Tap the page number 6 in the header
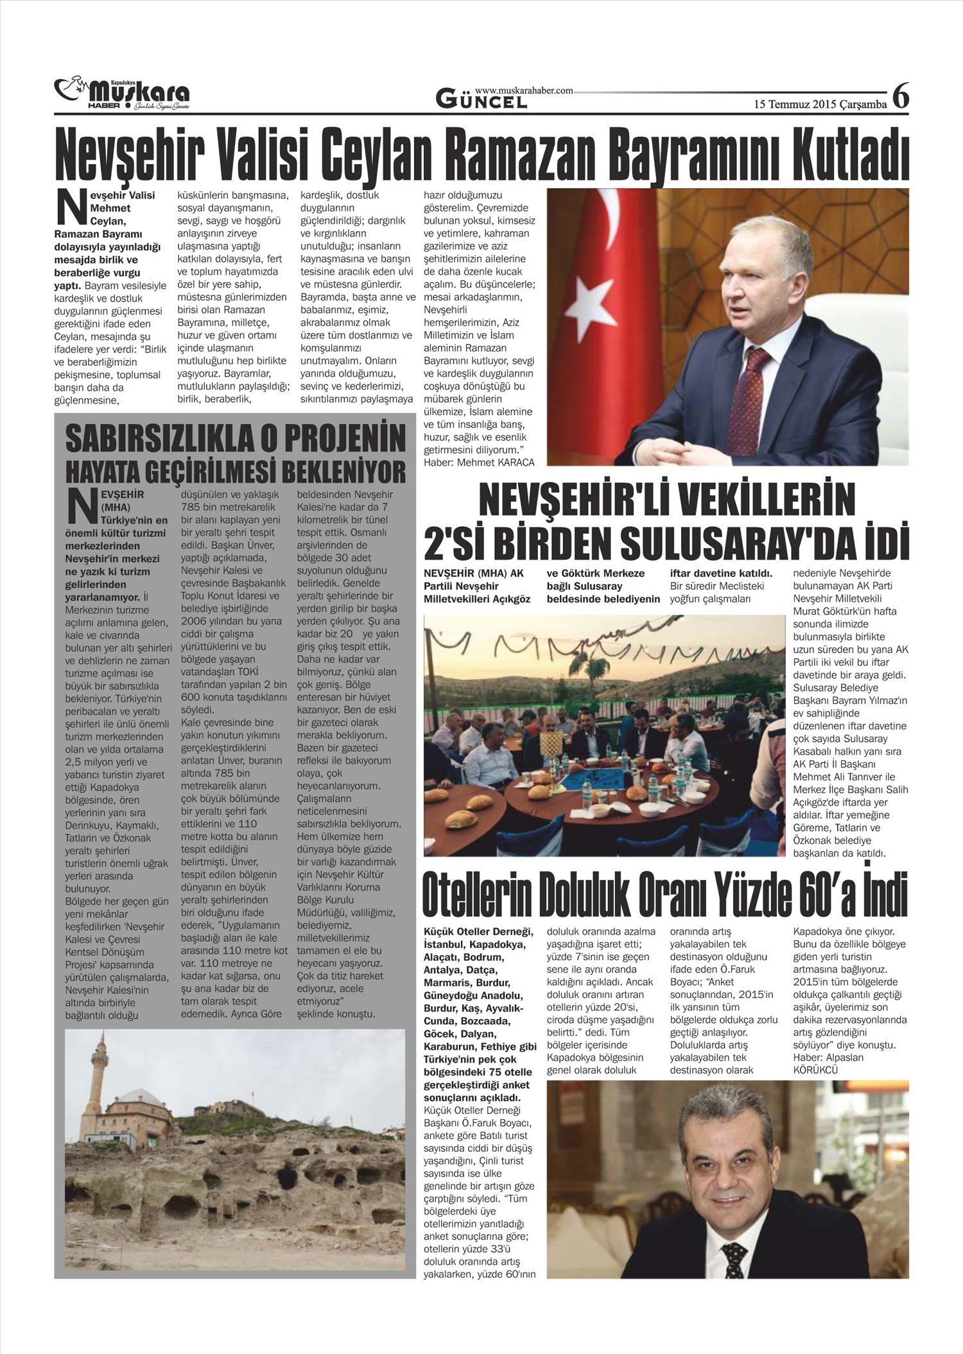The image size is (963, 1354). tap(901, 96)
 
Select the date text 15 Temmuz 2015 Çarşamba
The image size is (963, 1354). tap(820, 103)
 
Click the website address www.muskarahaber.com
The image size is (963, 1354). tap(524, 91)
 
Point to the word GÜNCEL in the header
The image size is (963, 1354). tap(481, 100)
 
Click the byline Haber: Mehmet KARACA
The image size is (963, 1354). tap(479, 461)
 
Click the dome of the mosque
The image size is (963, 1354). tap(141, 1095)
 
